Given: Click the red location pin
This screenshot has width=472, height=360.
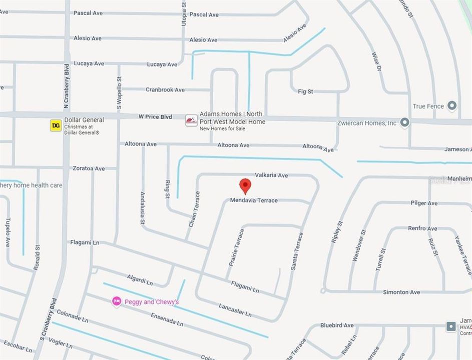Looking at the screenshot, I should tap(245, 185).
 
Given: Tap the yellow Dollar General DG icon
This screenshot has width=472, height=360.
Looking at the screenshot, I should tap(56, 125).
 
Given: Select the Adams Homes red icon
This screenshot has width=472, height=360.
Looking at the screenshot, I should tap(191, 120).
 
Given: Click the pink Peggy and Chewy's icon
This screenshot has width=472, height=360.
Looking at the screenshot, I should tap(117, 301).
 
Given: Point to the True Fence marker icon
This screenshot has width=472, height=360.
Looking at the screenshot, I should tap(452, 105).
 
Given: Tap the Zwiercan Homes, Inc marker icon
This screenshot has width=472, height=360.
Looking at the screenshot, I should tap(405, 122).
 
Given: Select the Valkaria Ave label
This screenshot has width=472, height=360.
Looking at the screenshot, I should tap(271, 175).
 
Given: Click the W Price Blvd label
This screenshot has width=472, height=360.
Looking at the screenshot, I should tap(155, 117).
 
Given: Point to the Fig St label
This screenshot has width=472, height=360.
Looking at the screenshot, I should tap(305, 91).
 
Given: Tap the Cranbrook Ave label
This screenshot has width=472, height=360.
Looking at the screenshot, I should tap(165, 90).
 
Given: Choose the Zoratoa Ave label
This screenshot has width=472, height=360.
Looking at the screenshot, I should tap(89, 168).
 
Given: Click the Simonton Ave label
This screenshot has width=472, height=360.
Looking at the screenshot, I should tap(401, 292).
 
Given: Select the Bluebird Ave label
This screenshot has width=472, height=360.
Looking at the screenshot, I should tap(337, 325).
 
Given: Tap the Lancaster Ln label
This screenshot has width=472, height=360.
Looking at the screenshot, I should tap(235, 310).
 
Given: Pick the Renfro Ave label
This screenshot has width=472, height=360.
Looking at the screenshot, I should tap(422, 228).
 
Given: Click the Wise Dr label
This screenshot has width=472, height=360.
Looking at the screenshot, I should tap(376, 62).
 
